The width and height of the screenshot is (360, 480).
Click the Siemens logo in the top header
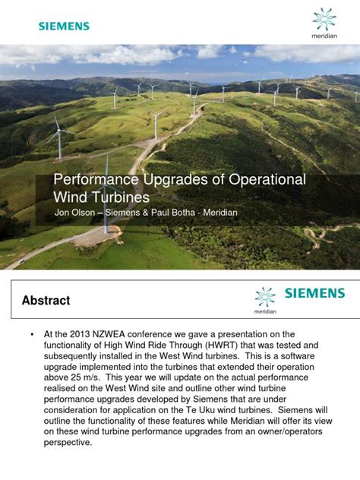(x=64, y=26)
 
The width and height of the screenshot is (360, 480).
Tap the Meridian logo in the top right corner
(x=324, y=24)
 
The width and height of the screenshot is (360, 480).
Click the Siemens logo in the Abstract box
(x=314, y=293)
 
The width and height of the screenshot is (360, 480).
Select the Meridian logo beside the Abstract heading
(x=265, y=301)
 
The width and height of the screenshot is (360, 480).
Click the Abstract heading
(x=46, y=300)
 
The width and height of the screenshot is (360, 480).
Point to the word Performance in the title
(x=96, y=180)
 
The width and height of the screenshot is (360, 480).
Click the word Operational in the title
(x=267, y=180)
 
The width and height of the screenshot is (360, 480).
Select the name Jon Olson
(x=74, y=213)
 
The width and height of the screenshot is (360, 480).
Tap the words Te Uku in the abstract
(x=201, y=410)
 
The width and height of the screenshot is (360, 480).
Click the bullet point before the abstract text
(x=32, y=334)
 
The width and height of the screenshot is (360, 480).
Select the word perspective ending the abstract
(x=68, y=443)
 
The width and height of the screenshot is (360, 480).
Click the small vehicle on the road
(x=21, y=261)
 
